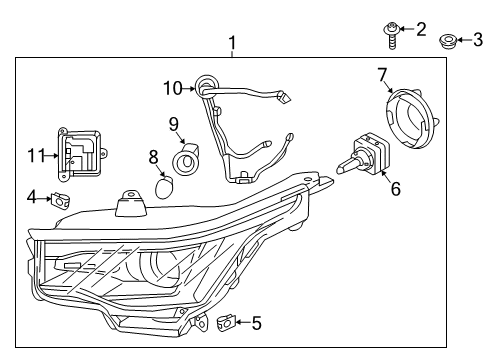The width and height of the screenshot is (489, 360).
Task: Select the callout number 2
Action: (x=421, y=28)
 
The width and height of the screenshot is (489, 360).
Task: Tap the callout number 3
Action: (x=477, y=41)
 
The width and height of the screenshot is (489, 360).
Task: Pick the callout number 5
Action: (x=256, y=323)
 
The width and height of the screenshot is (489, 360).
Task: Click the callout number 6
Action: (x=395, y=188)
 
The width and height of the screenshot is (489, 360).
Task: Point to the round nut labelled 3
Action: (x=448, y=42)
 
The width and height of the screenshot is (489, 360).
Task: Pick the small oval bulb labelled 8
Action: (x=168, y=185)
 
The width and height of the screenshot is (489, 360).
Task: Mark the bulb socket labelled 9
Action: (x=188, y=161)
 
